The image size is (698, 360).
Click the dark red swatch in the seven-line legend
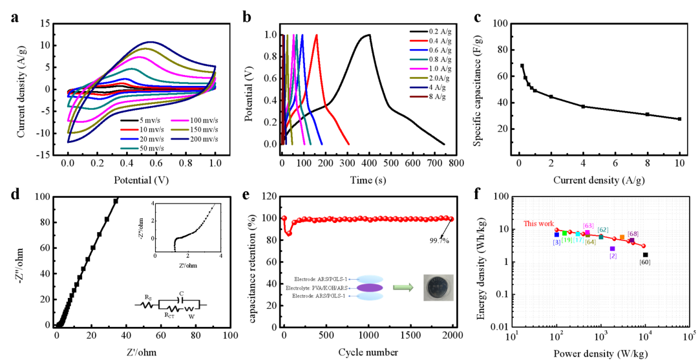[x=418, y=97]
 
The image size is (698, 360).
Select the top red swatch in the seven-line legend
[x=418, y=41]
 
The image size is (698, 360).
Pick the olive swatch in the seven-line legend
[x=418, y=78]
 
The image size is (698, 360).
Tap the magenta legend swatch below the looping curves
[x=180, y=121]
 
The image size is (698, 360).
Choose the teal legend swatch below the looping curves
[x=129, y=149]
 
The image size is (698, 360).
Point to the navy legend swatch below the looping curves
[x=180, y=139]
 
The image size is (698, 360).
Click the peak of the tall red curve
[x=317, y=35]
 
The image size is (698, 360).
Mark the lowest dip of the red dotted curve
[x=289, y=233]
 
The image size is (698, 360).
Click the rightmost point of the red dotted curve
[x=451, y=219]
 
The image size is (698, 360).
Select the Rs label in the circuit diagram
[x=148, y=297]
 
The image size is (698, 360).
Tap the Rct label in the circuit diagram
[x=169, y=314]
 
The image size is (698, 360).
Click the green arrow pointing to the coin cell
[x=403, y=287]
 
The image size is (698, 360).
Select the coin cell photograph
[x=438, y=288]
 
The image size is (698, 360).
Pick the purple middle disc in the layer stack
[x=370, y=288]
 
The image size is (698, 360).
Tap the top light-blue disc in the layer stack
[x=370, y=279]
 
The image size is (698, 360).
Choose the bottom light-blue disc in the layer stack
[x=370, y=296]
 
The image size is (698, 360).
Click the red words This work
[x=538, y=223]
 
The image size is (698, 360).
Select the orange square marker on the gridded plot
[x=622, y=238]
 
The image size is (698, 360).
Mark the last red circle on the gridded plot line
[x=643, y=246]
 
